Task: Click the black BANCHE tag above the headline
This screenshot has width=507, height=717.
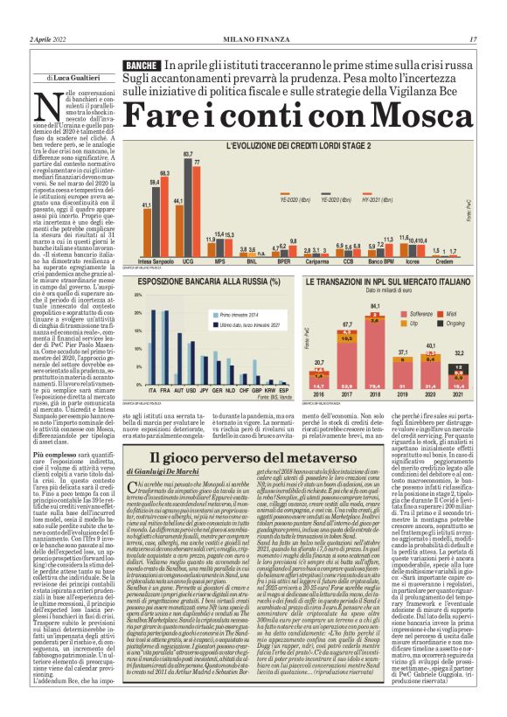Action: click(141, 66)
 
